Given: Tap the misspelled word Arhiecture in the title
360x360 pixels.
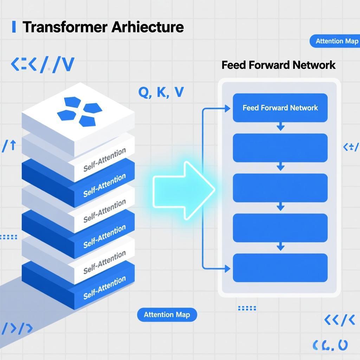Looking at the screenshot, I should [x=148, y=27].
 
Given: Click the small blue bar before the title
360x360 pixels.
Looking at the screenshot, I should [x=14, y=27].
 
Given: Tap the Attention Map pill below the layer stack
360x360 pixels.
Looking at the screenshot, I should [x=167, y=314].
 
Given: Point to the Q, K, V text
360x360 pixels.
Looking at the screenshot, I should [x=161, y=92].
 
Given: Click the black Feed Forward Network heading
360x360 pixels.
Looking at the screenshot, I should [x=278, y=65].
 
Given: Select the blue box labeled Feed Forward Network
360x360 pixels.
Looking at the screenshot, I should [x=280, y=108].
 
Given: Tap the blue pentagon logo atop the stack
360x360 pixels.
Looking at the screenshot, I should [x=79, y=111].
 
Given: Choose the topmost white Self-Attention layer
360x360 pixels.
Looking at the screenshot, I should [x=104, y=160].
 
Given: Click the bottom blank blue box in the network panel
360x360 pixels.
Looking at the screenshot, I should [x=280, y=268].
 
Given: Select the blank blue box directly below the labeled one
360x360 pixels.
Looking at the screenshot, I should [x=280, y=148].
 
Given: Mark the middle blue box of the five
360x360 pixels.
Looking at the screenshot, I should [x=280, y=188].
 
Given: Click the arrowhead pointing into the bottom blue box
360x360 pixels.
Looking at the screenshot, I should [x=227, y=269].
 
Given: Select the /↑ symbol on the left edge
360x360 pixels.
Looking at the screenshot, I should [x=9, y=146].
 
